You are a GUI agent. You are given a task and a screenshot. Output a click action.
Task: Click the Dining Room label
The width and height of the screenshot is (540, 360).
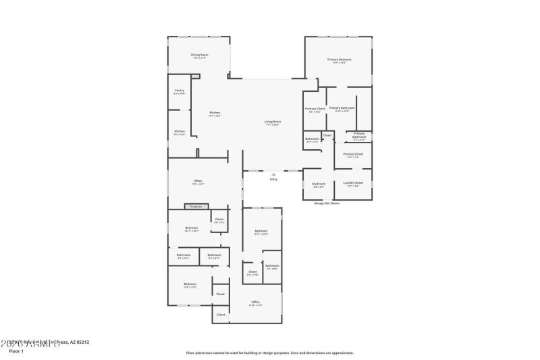(199, 55)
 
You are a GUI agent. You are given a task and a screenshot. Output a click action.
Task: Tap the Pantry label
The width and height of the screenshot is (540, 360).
(179, 91)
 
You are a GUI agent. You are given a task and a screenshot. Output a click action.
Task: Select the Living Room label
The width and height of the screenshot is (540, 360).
(272, 122)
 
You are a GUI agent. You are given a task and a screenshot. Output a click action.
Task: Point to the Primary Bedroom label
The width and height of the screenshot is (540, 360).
(340, 60)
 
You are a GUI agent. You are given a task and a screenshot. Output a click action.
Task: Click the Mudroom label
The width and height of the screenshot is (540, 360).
(319, 184)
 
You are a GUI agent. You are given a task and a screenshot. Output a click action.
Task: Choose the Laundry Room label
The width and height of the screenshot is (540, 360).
(354, 183)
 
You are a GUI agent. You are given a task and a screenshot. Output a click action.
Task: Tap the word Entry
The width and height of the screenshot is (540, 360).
(273, 179)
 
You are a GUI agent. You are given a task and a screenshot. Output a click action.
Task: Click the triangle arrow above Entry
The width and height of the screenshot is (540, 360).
(273, 174)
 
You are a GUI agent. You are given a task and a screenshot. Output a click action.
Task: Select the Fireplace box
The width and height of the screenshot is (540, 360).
(196, 206)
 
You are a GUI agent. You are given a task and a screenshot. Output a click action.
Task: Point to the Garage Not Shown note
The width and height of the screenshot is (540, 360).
(327, 203)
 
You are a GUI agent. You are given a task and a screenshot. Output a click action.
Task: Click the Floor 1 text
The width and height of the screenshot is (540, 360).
(16, 351)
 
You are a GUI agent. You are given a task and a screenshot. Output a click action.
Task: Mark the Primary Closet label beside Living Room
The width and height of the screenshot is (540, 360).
(315, 109)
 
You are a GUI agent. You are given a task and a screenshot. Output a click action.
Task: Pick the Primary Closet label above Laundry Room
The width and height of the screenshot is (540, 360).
(353, 154)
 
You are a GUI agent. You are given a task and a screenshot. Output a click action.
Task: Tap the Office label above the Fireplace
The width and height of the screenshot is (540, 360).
(198, 181)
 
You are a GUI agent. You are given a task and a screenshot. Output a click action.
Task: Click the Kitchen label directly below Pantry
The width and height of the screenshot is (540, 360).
(180, 132)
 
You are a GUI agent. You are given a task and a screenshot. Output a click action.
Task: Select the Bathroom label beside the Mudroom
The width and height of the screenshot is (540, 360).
(312, 139)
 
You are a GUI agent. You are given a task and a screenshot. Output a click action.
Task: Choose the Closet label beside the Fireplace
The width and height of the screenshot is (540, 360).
(219, 220)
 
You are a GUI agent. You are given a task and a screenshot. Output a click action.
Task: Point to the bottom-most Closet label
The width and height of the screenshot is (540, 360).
(221, 315)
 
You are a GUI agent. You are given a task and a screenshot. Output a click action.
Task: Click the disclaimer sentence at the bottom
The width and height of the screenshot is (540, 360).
(270, 352)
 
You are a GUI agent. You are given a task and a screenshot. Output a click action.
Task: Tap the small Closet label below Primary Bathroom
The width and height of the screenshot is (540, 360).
(327, 136)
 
